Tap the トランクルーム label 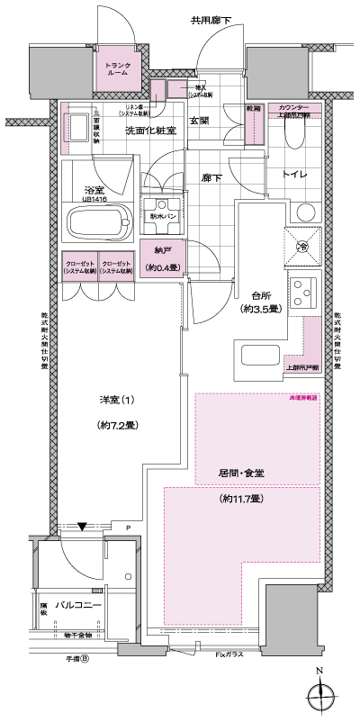click(119, 70)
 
